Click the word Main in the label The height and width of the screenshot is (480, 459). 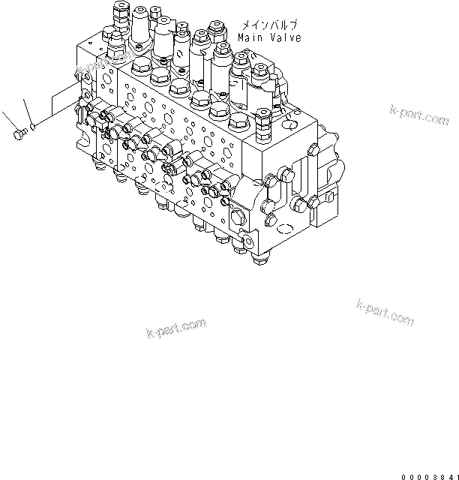(x=248, y=37)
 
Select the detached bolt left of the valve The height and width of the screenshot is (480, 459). (x=18, y=134)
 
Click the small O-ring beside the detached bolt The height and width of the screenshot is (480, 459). (x=31, y=127)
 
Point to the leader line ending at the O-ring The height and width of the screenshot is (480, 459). (x=27, y=111)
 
